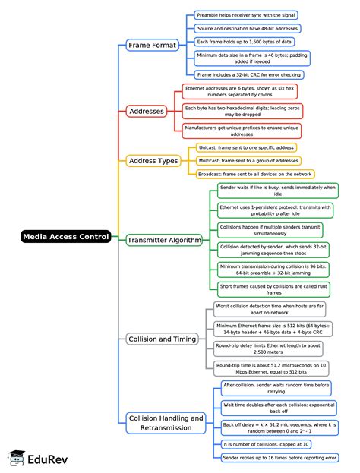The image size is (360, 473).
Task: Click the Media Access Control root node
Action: (x=66, y=237)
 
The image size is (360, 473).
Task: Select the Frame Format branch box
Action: (x=152, y=45)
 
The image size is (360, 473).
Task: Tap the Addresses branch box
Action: (x=147, y=112)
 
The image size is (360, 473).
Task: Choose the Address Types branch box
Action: (x=153, y=161)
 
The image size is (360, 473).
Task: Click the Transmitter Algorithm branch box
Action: (x=164, y=240)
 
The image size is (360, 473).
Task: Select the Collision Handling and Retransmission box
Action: (x=166, y=423)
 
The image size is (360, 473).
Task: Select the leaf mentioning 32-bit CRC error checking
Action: (x=249, y=75)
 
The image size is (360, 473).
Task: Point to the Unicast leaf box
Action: (x=246, y=147)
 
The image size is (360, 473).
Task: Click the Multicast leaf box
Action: (x=248, y=161)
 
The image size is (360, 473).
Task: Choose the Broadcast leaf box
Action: (x=254, y=175)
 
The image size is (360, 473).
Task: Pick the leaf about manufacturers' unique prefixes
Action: (x=242, y=130)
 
